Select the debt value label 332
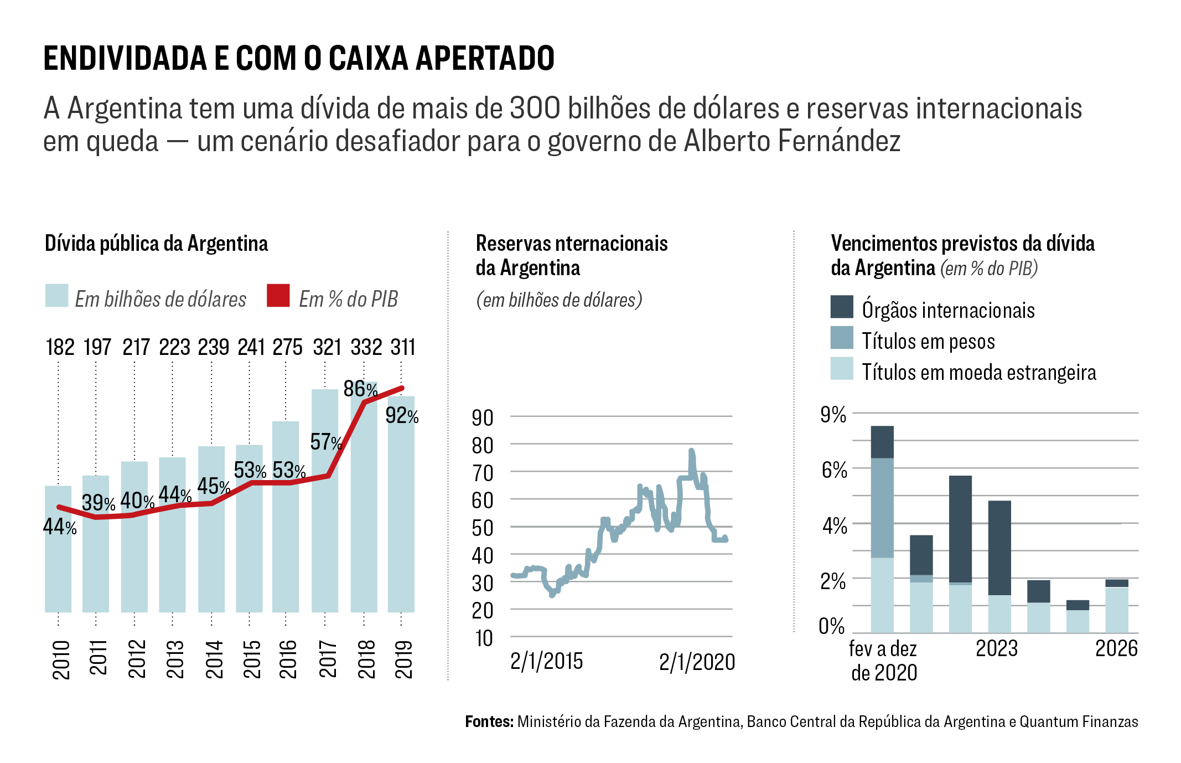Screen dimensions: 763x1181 [366, 348]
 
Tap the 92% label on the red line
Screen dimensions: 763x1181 [402, 415]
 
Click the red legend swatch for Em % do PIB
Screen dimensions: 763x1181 [278, 296]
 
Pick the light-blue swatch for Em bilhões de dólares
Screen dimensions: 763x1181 [56, 296]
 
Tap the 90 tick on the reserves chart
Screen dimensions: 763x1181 [483, 417]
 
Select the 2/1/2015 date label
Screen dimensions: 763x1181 [546, 661]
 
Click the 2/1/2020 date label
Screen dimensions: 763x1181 [697, 662]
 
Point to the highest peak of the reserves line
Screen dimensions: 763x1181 [691, 451]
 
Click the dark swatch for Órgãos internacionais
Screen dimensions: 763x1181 [842, 307]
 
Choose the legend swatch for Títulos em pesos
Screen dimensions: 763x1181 [842, 338]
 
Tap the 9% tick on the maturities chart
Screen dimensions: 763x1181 [833, 414]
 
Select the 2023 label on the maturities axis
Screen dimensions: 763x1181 [996, 648]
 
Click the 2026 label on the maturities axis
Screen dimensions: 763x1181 [1116, 648]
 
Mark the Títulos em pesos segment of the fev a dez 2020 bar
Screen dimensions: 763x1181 [882, 507]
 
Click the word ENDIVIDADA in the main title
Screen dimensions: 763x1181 [125, 58]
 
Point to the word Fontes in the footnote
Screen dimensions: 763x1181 [489, 721]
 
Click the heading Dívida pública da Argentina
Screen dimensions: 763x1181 [156, 244]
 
